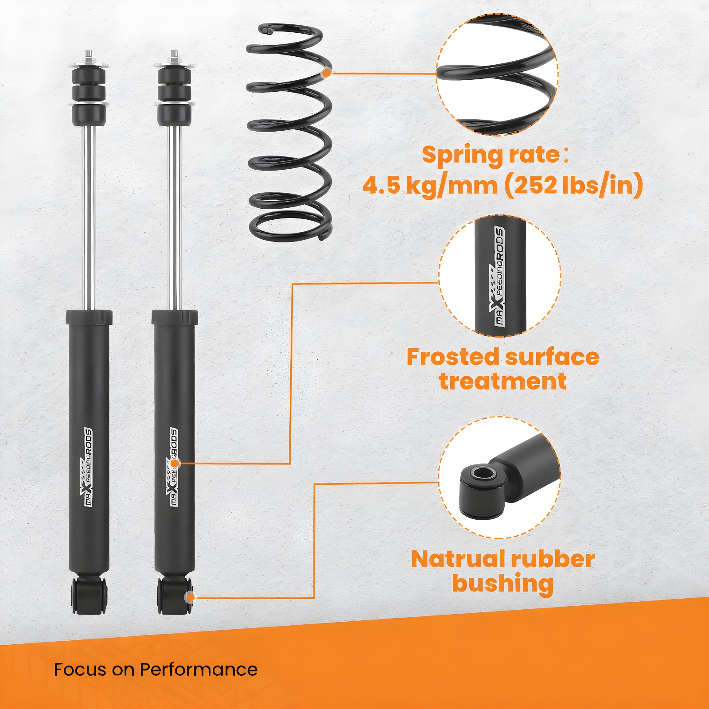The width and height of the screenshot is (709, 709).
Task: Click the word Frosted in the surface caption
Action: [452, 357]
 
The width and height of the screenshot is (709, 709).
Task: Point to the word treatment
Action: [503, 381]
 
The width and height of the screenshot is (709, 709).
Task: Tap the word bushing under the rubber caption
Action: [503, 584]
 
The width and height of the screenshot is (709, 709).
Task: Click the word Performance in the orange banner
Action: [199, 669]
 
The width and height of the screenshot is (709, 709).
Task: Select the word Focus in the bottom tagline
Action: [81, 669]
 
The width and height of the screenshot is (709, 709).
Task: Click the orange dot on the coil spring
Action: [327, 73]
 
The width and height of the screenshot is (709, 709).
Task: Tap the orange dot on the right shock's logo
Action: [175, 464]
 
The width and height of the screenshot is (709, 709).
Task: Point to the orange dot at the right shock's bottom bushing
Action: [190, 597]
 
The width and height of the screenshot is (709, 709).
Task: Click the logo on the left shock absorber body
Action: [88, 467]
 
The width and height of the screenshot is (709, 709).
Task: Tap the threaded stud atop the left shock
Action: [89, 56]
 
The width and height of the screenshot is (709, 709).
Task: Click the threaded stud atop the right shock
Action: [174, 56]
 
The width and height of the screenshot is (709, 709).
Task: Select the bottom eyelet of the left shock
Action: [89, 595]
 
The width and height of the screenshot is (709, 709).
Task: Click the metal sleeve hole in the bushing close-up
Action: [483, 473]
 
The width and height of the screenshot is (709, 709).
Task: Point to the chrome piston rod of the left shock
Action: [89, 217]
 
